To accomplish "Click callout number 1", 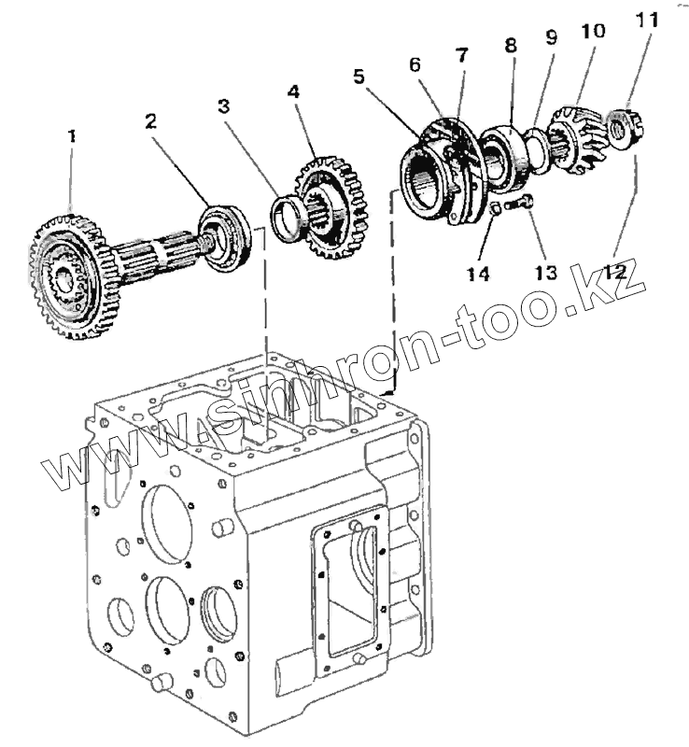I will click(x=71, y=135).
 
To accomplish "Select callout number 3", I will click(x=224, y=106).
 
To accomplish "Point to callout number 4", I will click(x=293, y=92).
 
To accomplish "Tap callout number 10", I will click(x=592, y=31).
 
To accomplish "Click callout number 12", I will click(x=615, y=273).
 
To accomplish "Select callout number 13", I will click(x=545, y=273).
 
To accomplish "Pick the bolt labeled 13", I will click(x=519, y=204).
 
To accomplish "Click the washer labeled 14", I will click(x=495, y=211).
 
